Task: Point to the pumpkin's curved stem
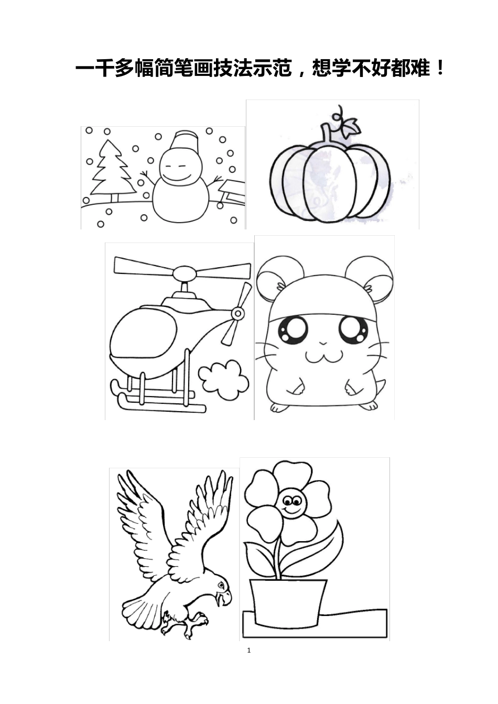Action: pos(327,134)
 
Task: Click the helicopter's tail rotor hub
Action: pos(237,313)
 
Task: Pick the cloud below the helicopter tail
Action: pos(223,380)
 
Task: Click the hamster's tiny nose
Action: pos(322,342)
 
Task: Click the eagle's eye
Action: pos(221,584)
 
